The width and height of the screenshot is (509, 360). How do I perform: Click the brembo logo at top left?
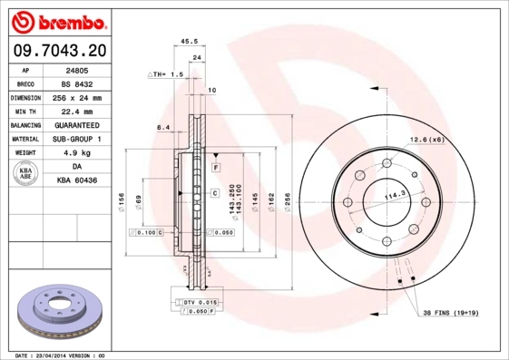(62, 20)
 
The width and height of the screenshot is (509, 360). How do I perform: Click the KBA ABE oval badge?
(26, 174)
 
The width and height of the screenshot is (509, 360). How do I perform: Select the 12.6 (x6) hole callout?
(426, 139)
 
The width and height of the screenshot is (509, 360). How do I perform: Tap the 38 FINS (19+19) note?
(451, 313)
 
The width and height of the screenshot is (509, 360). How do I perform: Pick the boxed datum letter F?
(217, 169)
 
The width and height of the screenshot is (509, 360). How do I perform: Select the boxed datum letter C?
(215, 193)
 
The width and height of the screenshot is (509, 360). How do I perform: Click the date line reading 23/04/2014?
(62, 355)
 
